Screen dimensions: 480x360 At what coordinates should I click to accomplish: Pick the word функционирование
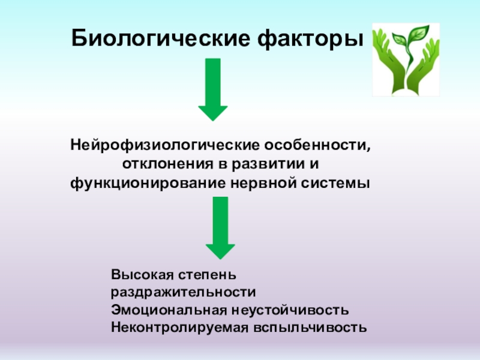click(147, 182)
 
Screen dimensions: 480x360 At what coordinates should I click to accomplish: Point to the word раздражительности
click(183, 293)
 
